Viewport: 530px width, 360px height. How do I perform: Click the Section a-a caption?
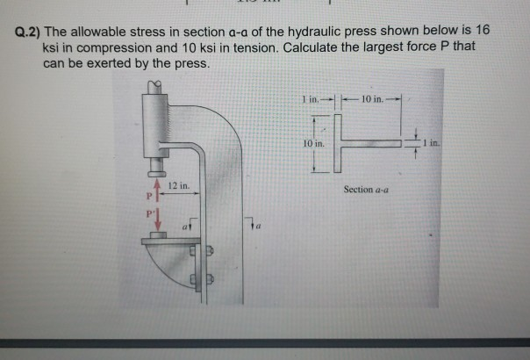tap(368, 188)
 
